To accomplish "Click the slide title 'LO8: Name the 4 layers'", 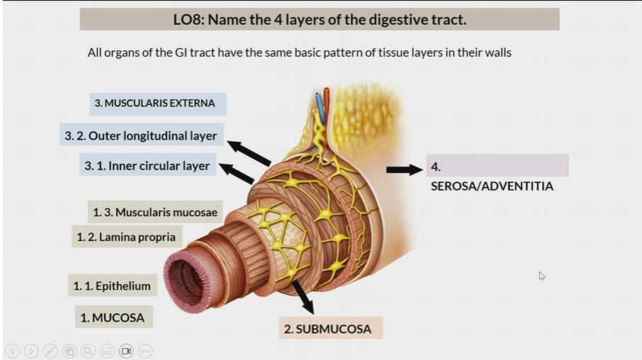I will click(320, 19).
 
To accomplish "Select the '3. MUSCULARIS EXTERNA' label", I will click(154, 103).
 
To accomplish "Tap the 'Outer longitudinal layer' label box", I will click(142, 135).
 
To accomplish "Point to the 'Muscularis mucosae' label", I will click(155, 212).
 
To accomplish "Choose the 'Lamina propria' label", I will click(128, 237).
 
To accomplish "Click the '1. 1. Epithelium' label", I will click(112, 286).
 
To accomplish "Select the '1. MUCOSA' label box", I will click(113, 317).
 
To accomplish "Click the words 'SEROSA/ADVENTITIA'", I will click(492, 186).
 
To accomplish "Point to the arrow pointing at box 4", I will click(404, 170).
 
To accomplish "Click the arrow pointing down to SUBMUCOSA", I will click(303, 297).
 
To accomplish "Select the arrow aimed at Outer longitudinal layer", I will click(249, 153).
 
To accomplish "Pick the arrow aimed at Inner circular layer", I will click(237, 174).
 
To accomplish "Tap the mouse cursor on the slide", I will click(542, 276).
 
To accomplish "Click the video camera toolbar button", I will click(126, 351).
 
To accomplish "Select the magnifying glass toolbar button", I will click(88, 351).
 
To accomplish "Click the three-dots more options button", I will click(145, 351).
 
